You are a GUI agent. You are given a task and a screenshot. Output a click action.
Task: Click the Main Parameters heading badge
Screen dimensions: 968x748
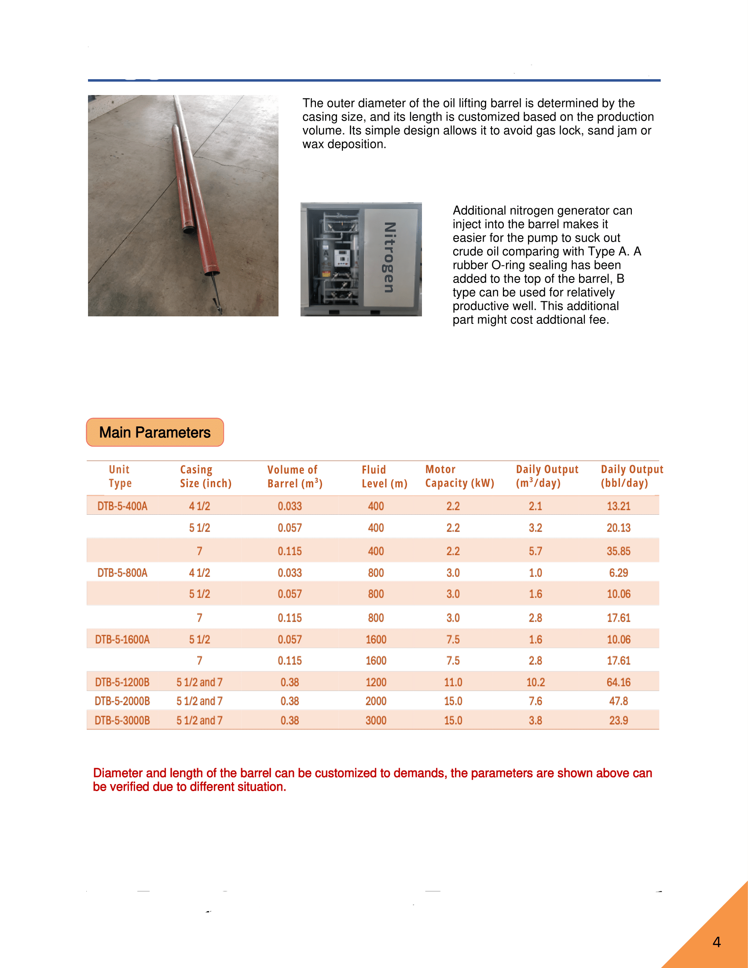(154, 432)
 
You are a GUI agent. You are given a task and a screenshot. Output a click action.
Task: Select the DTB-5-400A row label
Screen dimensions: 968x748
(122, 506)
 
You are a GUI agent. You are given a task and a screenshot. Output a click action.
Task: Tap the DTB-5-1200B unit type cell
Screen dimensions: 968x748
(122, 682)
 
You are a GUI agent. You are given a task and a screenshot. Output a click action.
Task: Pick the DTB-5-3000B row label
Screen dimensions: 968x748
(122, 721)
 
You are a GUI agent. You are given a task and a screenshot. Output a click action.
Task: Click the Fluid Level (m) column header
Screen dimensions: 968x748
(384, 477)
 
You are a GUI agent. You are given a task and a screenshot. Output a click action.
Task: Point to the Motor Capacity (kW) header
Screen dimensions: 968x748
(459, 477)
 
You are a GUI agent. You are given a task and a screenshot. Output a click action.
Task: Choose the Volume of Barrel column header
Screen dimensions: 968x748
(295, 477)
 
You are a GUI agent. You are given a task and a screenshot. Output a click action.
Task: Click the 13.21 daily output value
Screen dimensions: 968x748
(618, 506)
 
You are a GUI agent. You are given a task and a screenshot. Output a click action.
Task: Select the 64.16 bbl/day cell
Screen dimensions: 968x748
(618, 682)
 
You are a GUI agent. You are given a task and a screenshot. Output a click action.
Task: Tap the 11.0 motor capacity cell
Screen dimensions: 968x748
(453, 682)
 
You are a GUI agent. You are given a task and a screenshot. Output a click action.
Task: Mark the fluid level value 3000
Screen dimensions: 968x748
(376, 721)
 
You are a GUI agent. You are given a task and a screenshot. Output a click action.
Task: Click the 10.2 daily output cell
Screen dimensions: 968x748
(535, 682)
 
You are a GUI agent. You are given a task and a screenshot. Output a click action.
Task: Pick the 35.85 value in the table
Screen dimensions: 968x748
(618, 551)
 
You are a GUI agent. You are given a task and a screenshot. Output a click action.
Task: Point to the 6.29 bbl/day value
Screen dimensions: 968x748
(618, 573)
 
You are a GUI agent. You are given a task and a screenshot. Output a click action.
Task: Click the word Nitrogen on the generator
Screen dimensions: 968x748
(389, 257)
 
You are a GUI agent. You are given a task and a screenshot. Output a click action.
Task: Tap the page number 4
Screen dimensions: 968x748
(716, 942)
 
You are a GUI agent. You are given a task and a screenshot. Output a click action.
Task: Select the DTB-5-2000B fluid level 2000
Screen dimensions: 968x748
(376, 701)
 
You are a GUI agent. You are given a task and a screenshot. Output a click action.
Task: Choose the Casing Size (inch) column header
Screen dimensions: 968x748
(205, 477)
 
